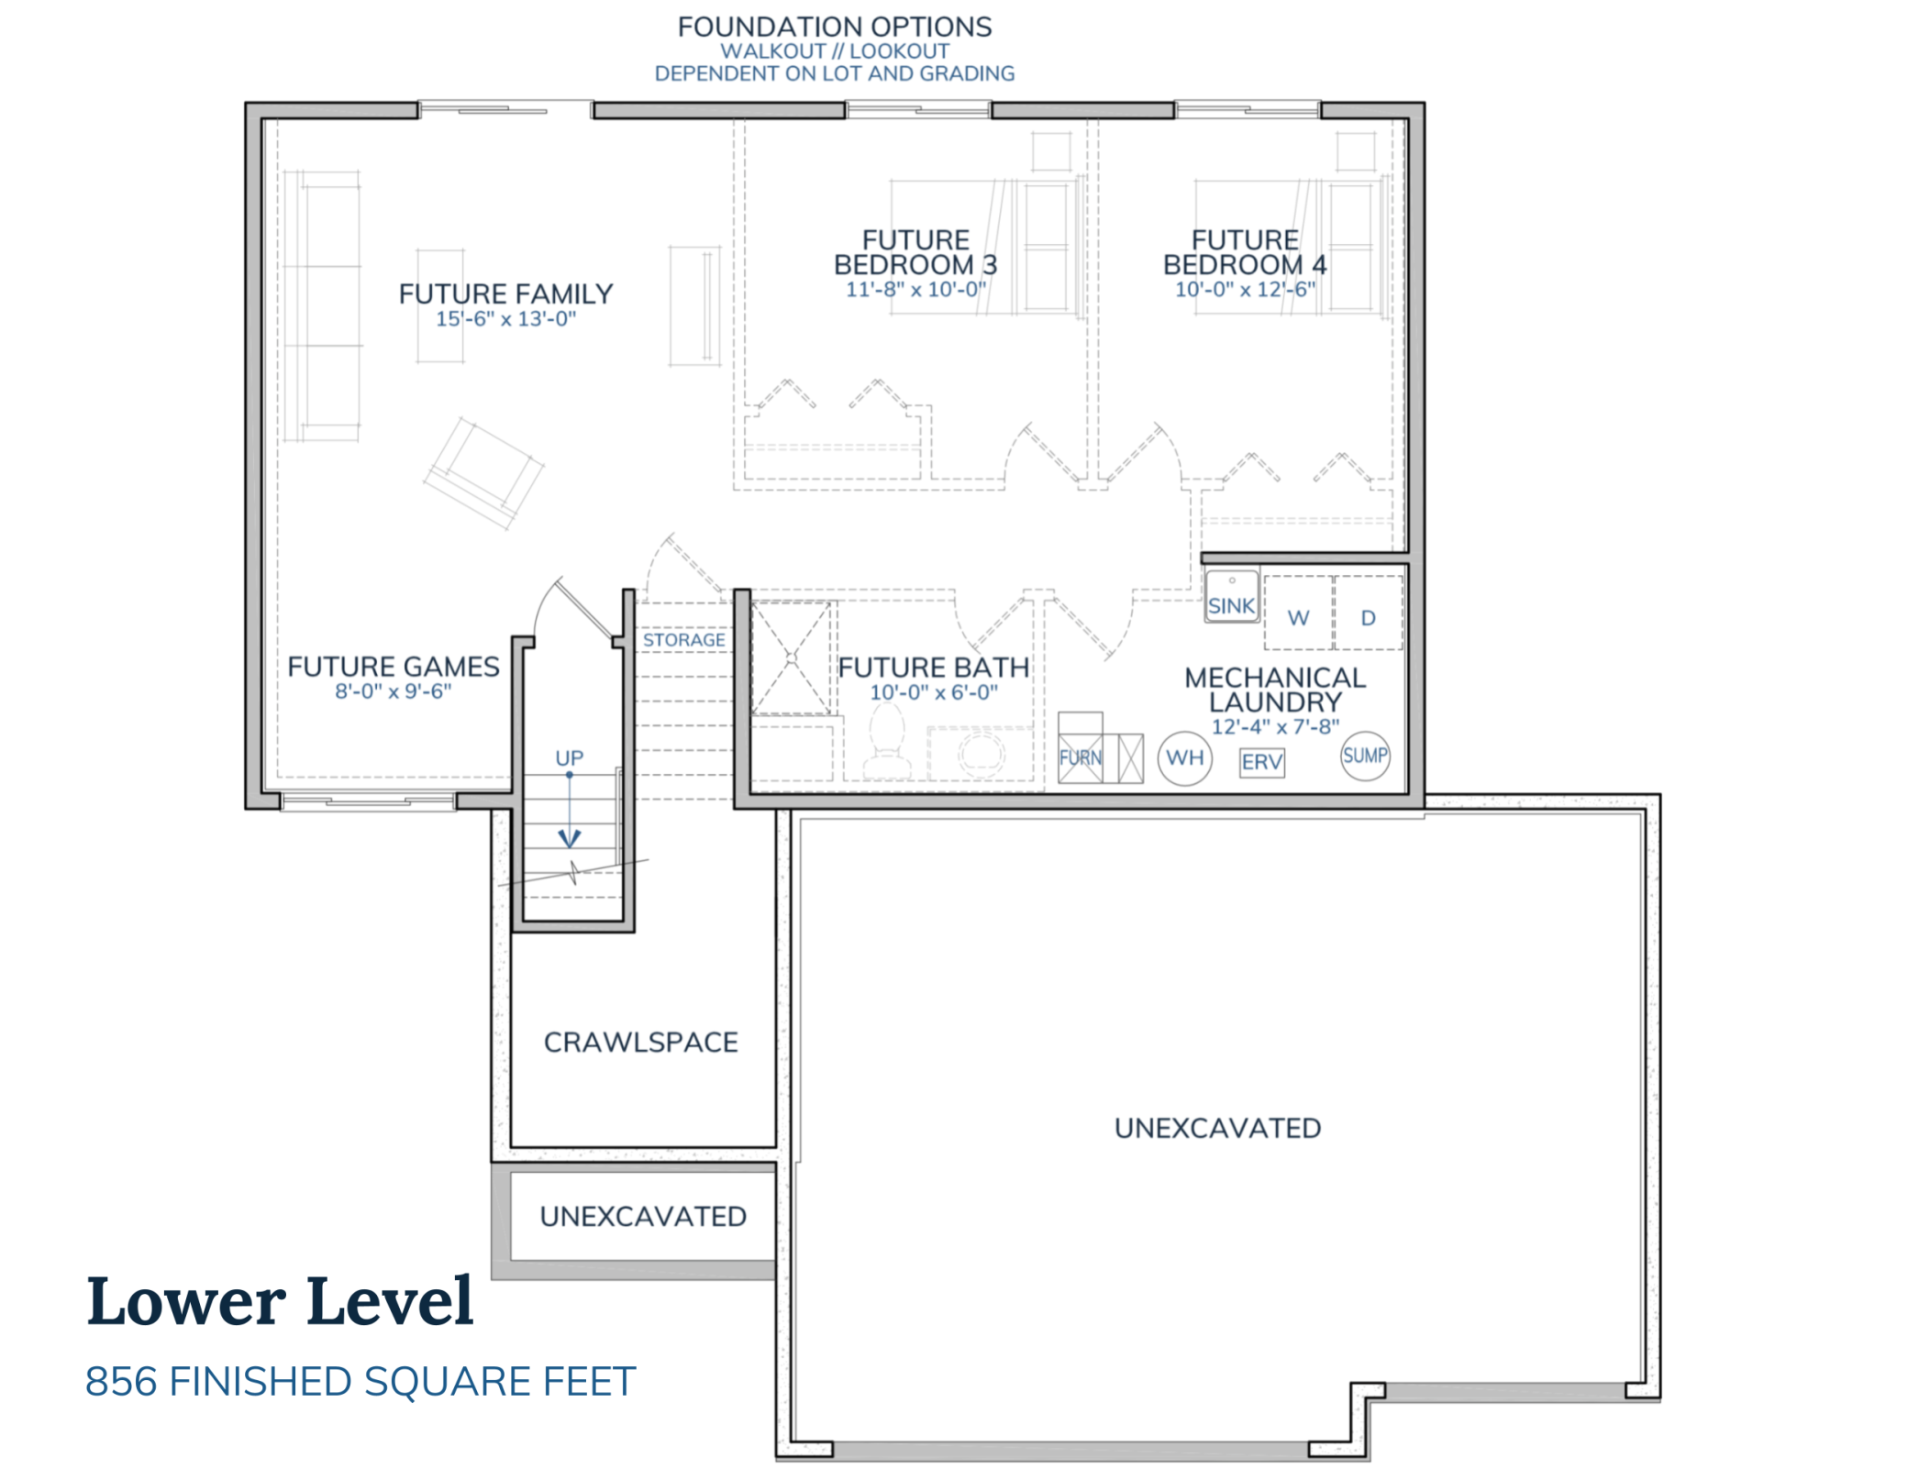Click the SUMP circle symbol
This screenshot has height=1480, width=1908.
[1364, 756]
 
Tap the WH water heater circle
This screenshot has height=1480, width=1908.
[1184, 758]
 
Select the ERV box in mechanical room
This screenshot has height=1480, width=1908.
[1261, 762]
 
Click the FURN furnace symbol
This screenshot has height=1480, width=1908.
[1081, 758]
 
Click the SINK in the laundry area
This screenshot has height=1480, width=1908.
[1231, 598]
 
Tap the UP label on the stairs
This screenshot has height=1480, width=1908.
[569, 758]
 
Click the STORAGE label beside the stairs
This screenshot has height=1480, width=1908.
[683, 640]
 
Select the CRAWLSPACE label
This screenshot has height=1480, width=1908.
[640, 1043]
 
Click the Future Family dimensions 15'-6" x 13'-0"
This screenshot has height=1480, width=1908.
[505, 319]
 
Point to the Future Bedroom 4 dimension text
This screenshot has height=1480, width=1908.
[1245, 290]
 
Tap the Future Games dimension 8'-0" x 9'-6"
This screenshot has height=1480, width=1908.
[393, 691]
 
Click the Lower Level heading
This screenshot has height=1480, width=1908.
[280, 1301]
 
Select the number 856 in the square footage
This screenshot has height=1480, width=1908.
[120, 1382]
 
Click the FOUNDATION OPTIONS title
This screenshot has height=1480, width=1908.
[834, 27]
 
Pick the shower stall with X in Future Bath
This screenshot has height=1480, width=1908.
[791, 657]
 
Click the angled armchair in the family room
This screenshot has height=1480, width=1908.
[484, 472]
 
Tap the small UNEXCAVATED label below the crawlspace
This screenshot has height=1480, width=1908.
[642, 1217]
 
